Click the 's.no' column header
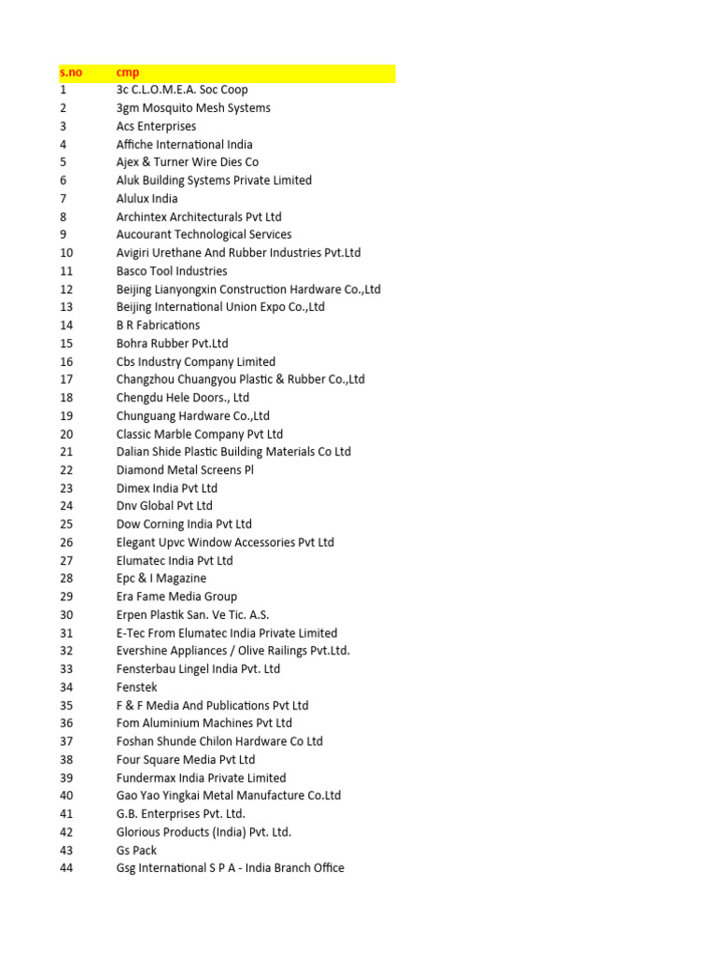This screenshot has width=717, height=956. tap(71, 72)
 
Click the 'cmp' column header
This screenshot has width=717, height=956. tap(128, 72)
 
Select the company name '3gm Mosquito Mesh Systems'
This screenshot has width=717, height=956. tap(193, 108)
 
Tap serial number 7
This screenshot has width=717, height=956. tap(63, 199)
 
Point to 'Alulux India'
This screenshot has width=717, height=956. tap(147, 199)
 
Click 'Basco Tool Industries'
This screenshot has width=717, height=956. tap(172, 271)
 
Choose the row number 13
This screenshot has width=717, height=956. tap(66, 307)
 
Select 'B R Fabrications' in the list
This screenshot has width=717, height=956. tap(158, 325)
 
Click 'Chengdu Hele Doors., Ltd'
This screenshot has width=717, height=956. tap(182, 398)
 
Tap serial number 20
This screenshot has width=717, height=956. tap(66, 434)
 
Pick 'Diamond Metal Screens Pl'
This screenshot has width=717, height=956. tap(185, 471)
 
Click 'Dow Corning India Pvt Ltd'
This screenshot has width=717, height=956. tap(184, 525)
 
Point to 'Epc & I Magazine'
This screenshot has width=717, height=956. tap(162, 579)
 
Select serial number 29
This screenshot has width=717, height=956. tap(66, 597)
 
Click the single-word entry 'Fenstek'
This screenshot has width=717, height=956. tap(137, 687)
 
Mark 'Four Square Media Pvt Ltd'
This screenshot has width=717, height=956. tap(186, 760)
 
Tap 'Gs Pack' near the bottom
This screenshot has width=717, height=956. tap(136, 851)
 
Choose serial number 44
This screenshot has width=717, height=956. tap(66, 868)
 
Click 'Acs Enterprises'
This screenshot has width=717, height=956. tap(156, 126)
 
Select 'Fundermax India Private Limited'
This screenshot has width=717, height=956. tap(201, 778)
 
